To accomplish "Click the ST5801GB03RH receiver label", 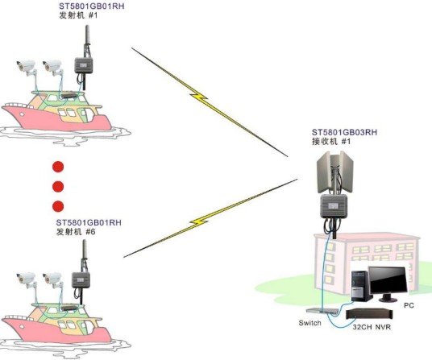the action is pos(344,132).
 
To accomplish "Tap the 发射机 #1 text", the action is pos(78,15).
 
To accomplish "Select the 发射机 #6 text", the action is pos(76,232).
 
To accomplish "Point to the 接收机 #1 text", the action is pos(331,142).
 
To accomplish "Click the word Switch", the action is pos(310,323).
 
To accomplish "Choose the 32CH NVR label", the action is pos(372,327).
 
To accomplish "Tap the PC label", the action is pos(409,305).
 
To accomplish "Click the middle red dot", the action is pos(58,187).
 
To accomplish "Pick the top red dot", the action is pos(58,167).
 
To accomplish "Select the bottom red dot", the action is pos(58,206).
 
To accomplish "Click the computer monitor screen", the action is pos(388,280).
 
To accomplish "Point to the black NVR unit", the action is pos(369,314).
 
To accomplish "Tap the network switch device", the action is pos(322,311).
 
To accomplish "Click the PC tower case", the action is pos(361,286).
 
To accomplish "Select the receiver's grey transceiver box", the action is pos(334,205).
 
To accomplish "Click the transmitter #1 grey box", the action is pos(84,65).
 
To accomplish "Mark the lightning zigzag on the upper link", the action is pos(199,97).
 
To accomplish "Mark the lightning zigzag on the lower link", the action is pos(199,221).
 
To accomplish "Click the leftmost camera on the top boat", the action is pos(26,66).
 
